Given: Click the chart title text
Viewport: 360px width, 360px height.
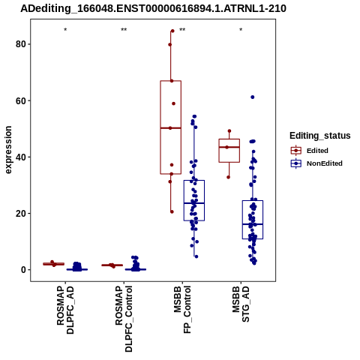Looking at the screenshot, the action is pyautogui.click(x=153, y=9).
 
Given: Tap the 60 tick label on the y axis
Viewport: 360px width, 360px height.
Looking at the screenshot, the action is pyautogui.click(x=21, y=100).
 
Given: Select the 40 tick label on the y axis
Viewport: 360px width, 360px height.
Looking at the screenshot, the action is pyautogui.click(x=21, y=157).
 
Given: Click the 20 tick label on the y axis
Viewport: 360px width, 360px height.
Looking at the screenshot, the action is pyautogui.click(x=21, y=214).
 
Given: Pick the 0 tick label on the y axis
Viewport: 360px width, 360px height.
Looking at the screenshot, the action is pyautogui.click(x=24, y=270).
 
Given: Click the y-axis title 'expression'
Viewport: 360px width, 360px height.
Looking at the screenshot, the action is pyautogui.click(x=8, y=150).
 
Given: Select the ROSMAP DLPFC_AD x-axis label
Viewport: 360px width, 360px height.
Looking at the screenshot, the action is pyautogui.click(x=65, y=310).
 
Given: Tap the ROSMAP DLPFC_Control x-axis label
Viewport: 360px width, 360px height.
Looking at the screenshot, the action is pyautogui.click(x=124, y=319).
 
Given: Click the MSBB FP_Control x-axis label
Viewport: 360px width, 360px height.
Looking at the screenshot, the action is pyautogui.click(x=182, y=310).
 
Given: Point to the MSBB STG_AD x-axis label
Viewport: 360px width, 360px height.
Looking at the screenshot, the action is pyautogui.click(x=241, y=304).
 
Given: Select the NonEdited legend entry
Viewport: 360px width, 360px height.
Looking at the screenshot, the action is pyautogui.click(x=316, y=163).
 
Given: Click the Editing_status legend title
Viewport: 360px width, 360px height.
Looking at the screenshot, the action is pyautogui.click(x=320, y=136).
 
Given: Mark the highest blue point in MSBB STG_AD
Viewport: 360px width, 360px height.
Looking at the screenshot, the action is pyautogui.click(x=253, y=97).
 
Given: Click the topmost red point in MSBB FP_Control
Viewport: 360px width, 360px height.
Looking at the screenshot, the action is pyautogui.click(x=172, y=31).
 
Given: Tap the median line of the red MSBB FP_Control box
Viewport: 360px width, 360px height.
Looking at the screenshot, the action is pyautogui.click(x=171, y=128).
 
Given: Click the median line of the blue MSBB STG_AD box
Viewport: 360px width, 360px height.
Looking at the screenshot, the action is pyautogui.click(x=253, y=224).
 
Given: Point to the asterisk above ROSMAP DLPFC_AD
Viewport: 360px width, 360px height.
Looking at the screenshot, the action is pyautogui.click(x=65, y=30).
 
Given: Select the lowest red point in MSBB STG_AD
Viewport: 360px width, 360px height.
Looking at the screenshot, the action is pyautogui.click(x=228, y=177).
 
